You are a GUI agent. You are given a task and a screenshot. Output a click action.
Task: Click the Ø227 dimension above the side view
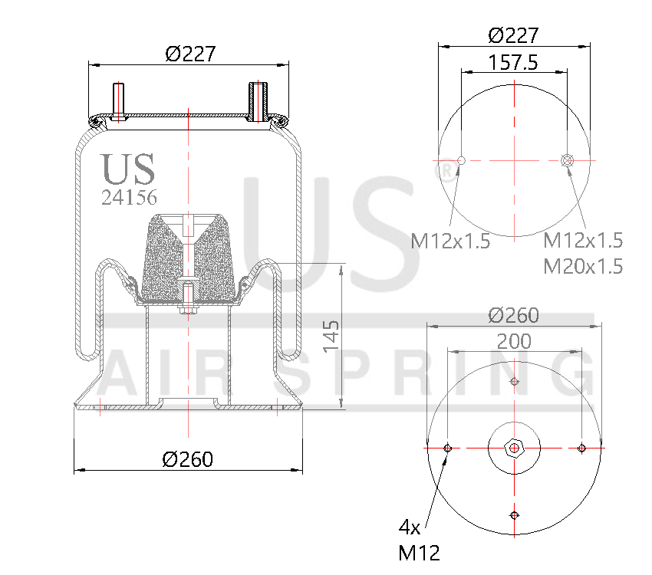click(x=190, y=54)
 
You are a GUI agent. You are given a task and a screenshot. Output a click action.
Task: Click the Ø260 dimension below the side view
click(x=188, y=459)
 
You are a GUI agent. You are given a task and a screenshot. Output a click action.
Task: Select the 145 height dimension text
click(x=331, y=337)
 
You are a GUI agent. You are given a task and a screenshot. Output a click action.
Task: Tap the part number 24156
click(x=130, y=198)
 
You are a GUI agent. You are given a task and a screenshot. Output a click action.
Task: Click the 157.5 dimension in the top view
click(x=513, y=63)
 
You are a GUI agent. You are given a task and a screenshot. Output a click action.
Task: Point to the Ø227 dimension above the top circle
click(x=513, y=35)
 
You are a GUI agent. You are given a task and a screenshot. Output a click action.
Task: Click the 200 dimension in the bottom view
click(x=513, y=342)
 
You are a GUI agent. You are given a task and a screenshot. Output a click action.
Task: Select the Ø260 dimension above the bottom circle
click(x=513, y=315)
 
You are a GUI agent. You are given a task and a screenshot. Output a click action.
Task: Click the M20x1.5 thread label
click(x=583, y=267)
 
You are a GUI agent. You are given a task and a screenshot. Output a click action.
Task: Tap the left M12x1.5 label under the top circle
click(x=450, y=241)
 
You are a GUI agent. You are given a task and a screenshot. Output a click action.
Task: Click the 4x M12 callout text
click(x=418, y=539)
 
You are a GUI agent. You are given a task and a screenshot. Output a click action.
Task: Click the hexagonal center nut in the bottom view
click(x=514, y=448)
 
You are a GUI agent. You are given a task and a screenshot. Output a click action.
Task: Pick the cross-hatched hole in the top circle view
click(x=567, y=160)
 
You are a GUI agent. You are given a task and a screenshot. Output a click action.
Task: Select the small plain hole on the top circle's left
click(x=461, y=160)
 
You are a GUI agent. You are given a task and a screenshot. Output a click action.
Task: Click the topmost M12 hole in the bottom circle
click(x=514, y=382)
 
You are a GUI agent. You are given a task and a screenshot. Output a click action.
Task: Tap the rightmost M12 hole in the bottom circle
click(x=581, y=448)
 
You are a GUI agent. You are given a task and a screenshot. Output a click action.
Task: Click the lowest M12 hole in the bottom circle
click(x=514, y=514)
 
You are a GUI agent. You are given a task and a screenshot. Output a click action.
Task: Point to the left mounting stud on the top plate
click(x=119, y=101)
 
